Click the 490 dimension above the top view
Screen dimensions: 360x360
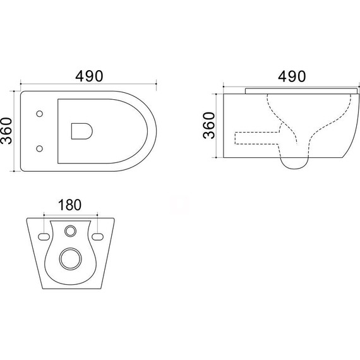89,76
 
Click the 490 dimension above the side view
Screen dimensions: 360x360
292,76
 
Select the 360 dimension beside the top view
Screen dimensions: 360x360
6,131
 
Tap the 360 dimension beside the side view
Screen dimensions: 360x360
209,125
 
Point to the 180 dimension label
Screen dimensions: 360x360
70,205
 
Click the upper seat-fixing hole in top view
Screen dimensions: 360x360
40,114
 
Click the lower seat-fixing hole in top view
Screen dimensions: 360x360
40,148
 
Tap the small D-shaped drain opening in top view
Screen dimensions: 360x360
82,131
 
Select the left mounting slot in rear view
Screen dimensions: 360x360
44,237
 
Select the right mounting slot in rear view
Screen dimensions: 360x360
97,237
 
